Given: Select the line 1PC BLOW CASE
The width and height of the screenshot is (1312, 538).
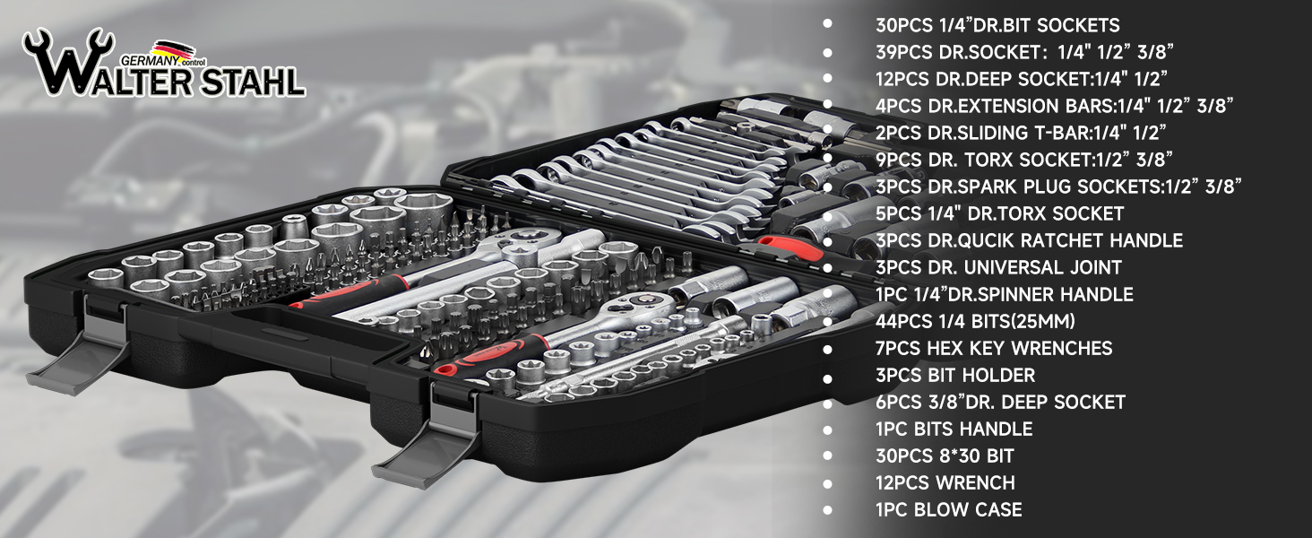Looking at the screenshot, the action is coord(949,510).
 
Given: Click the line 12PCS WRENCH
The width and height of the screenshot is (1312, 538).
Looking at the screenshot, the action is coord(945,483).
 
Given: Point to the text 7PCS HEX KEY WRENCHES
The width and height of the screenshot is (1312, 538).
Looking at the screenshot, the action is coord(994,348).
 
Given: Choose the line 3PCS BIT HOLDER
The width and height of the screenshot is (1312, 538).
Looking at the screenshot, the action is coord(955,375).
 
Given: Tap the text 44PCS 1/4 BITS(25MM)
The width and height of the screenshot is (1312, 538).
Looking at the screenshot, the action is coord(975,321).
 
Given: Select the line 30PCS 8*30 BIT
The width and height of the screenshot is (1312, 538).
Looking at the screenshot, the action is coord(945,456).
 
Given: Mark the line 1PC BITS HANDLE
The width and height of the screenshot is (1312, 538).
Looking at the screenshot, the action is coord(954,429).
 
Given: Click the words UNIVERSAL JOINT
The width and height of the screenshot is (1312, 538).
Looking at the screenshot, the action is coord(1042,267).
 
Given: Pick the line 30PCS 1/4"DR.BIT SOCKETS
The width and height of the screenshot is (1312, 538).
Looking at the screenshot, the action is coord(997,25).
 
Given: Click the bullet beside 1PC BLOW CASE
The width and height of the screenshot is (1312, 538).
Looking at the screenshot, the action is coord(827,510).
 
